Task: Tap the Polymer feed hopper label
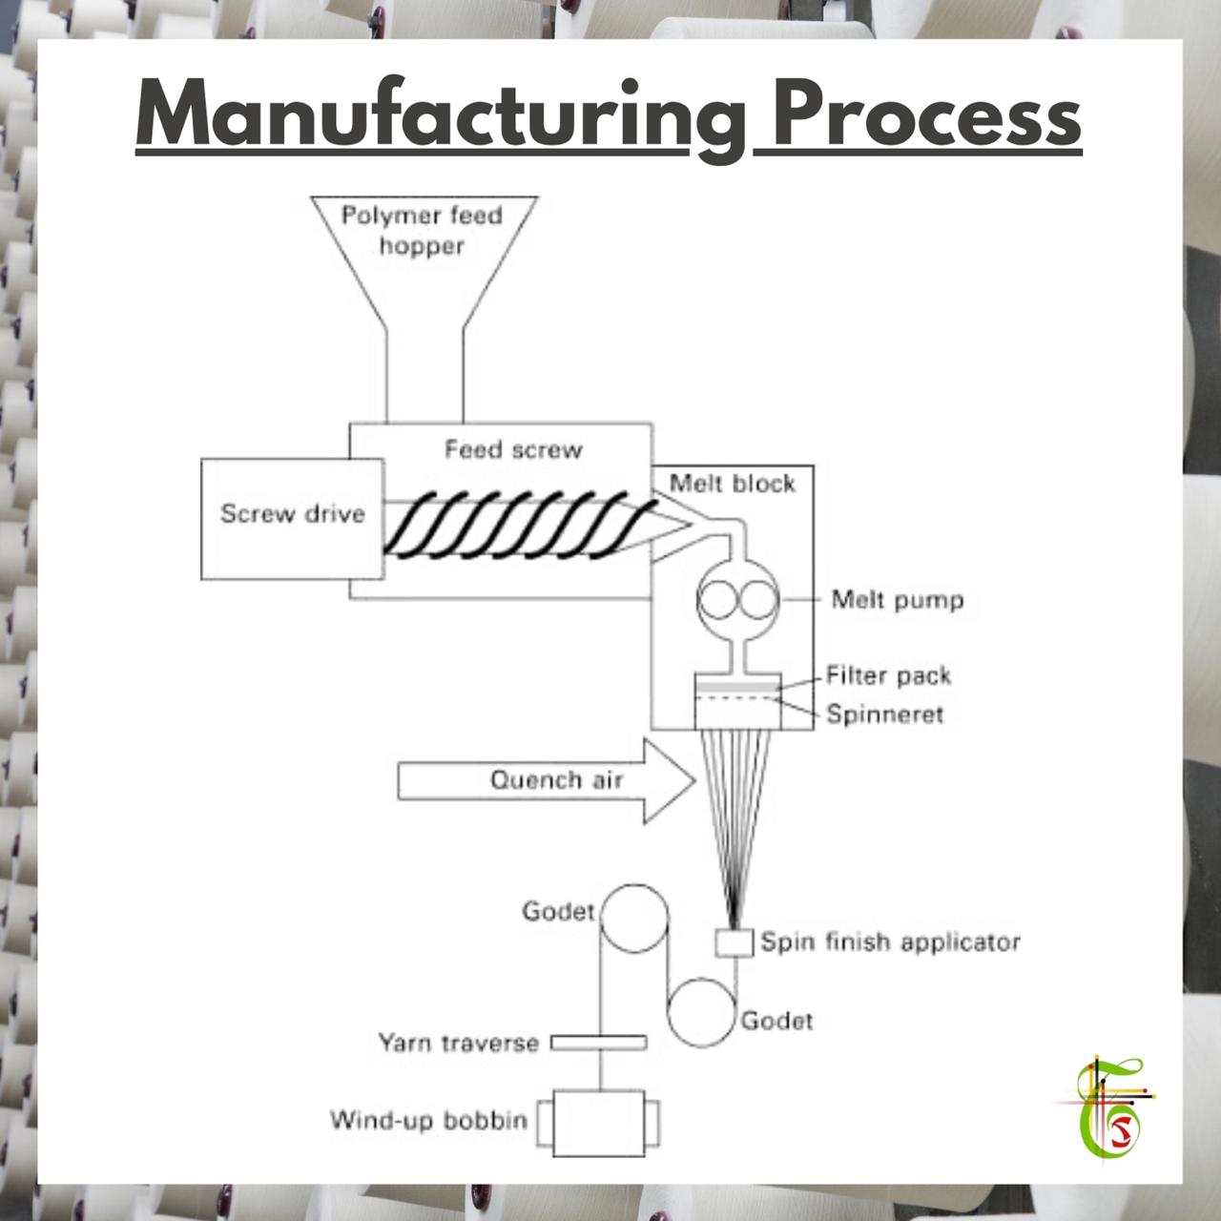tap(422, 231)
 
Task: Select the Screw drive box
tap(292, 519)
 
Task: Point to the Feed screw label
tap(513, 450)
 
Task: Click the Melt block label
tap(733, 484)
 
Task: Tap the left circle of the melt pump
tap(719, 599)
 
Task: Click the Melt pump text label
tap(898, 600)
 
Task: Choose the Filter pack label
tap(888, 676)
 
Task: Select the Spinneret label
tap(885, 714)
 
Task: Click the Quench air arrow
tap(547, 781)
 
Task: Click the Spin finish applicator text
tap(891, 942)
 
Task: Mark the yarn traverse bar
tap(599, 1043)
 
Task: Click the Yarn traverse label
tap(458, 1043)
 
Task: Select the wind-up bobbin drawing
tap(599, 1123)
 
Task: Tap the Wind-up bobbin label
tap(429, 1121)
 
